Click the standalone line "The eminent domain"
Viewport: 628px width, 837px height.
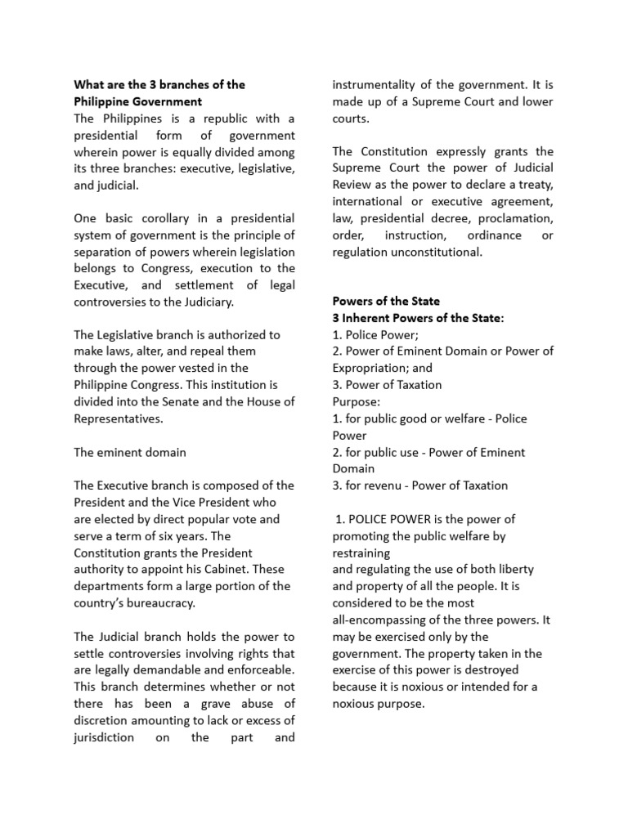[130, 452]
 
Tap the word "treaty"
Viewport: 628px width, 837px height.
[535, 185]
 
